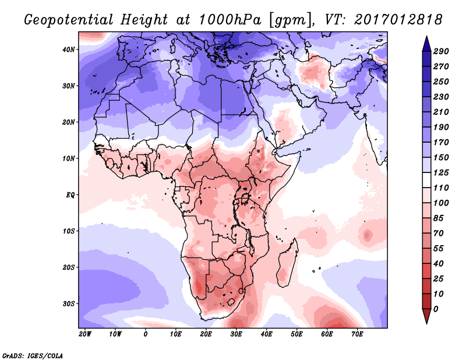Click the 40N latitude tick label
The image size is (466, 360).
pos(69,50)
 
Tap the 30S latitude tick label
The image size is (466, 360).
pos(69,303)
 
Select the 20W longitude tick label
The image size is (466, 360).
pos(84,334)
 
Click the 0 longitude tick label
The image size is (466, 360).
pos(146,334)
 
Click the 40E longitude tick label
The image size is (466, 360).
pos(267,334)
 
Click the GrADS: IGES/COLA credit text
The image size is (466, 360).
pos(33,355)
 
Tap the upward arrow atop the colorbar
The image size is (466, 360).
pos(426,42)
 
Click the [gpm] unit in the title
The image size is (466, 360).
pos(284,19)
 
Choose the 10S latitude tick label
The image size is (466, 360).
pos(69,231)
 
